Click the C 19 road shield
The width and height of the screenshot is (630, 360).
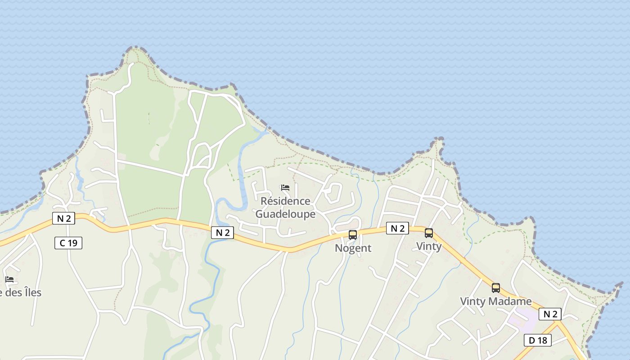68,243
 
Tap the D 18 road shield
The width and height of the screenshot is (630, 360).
538,340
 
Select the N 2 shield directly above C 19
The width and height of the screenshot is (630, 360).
63,219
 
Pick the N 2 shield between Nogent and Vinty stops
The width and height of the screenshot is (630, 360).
397,228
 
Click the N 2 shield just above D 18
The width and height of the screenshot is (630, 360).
550,314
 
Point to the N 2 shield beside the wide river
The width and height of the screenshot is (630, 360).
223,232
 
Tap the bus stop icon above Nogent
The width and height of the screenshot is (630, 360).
353,234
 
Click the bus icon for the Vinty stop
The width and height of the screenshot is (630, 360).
429,233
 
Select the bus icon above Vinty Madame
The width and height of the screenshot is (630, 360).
496,288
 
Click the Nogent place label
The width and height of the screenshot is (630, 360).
353,248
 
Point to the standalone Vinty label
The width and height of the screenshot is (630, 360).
429,246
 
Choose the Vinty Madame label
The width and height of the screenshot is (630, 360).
495,301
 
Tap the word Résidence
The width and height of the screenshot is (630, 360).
285,201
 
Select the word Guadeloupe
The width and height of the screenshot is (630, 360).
285,214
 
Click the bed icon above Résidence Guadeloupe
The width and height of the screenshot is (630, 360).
285,188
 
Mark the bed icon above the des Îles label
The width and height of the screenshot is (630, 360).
9,279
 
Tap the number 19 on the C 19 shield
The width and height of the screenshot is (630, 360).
73,243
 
